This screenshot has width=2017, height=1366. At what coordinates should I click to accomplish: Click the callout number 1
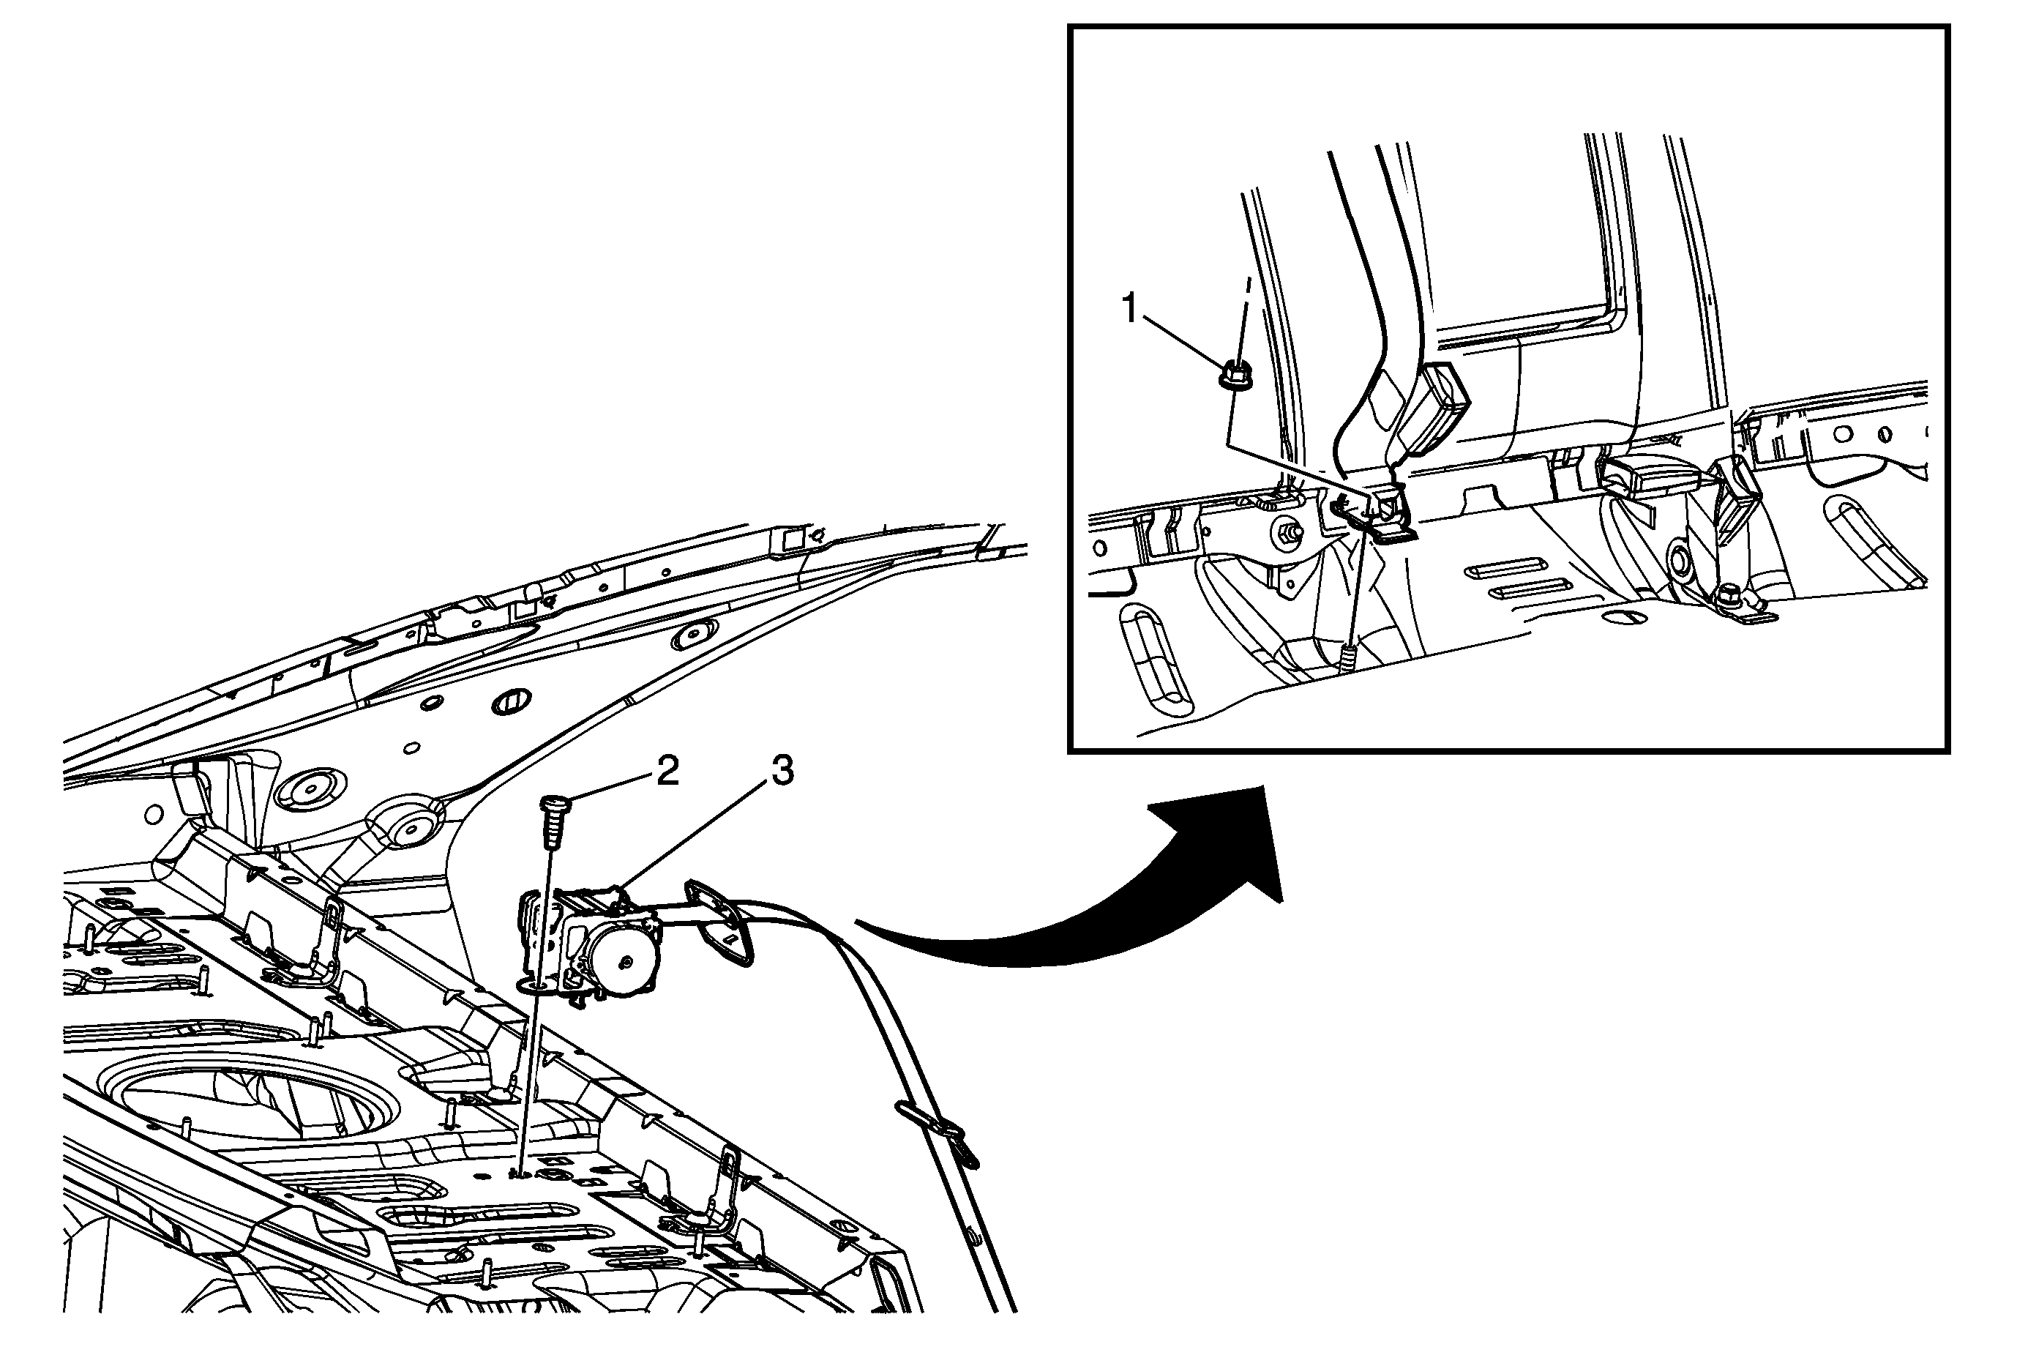pyautogui.click(x=1129, y=307)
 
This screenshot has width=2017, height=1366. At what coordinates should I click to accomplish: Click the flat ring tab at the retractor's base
pyautogui.click(x=531, y=984)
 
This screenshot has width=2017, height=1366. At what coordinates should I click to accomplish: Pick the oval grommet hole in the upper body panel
pyautogui.click(x=510, y=701)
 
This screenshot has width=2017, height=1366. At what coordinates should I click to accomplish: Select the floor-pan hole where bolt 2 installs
pyautogui.click(x=519, y=1173)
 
